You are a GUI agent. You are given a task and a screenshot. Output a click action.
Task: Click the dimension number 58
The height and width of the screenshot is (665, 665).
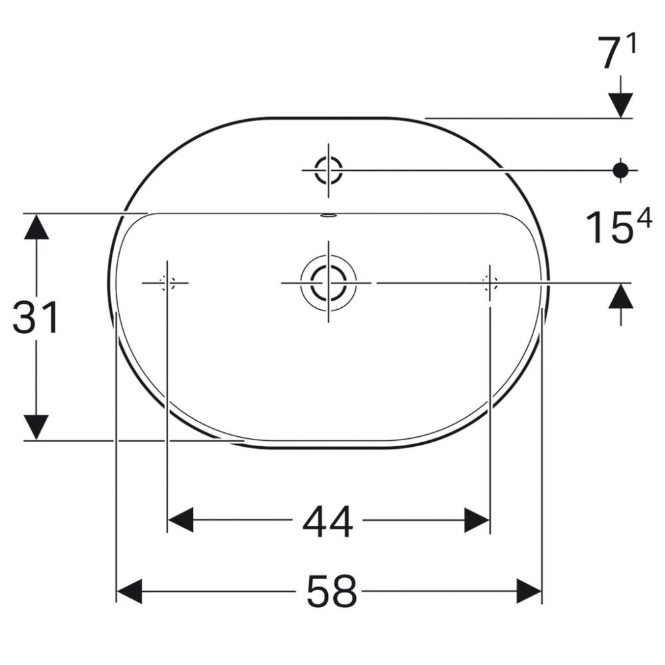[332, 591]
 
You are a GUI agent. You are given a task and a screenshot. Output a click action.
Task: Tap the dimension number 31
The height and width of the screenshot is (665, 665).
[36, 318]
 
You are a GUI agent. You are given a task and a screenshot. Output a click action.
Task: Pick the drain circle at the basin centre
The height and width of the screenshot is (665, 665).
[328, 283]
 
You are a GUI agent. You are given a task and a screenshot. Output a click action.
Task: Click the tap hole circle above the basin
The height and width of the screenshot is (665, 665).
[328, 170]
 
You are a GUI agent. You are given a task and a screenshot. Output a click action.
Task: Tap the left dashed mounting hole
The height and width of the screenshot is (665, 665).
[166, 283]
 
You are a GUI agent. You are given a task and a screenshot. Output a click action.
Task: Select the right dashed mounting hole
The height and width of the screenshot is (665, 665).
[490, 283]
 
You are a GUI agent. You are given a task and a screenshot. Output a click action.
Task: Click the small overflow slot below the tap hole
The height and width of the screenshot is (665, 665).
[329, 215]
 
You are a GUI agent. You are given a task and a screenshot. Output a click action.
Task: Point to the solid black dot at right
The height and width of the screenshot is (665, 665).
[620, 170]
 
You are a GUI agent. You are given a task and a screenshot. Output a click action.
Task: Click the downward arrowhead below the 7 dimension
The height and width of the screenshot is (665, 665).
[620, 105]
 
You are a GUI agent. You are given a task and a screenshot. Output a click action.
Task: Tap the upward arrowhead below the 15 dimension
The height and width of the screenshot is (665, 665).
[620, 296]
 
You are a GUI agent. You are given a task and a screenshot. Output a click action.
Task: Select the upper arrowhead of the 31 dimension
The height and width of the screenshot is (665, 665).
[36, 226]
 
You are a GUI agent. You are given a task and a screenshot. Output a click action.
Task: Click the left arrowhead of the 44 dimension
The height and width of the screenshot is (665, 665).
[180, 520]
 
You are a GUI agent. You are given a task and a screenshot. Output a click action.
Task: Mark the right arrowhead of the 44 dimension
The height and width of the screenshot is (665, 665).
[477, 520]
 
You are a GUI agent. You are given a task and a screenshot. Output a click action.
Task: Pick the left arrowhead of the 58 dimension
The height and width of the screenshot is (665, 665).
[130, 591]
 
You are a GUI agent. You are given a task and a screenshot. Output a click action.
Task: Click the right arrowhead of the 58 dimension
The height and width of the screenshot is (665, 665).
[529, 591]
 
